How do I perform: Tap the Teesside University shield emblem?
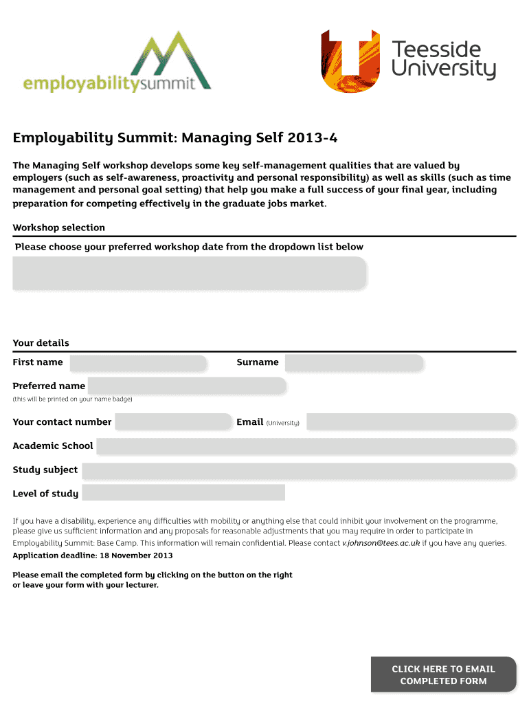[x=350, y=61]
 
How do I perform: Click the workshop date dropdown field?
[x=190, y=273]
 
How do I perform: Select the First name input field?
[x=138, y=363]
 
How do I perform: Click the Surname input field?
[x=354, y=363]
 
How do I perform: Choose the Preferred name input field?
[x=186, y=386]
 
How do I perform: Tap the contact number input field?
[x=173, y=422]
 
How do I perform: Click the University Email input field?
[x=411, y=422]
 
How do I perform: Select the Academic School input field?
[x=306, y=446]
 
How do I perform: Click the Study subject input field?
[x=298, y=471]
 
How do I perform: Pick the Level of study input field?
[x=183, y=493]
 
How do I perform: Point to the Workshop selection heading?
[x=59, y=228]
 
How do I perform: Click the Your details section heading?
[x=41, y=343]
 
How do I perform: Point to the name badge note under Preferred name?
[x=72, y=399]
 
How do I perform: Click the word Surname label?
[x=258, y=362]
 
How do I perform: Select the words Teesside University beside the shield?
[x=443, y=60]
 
